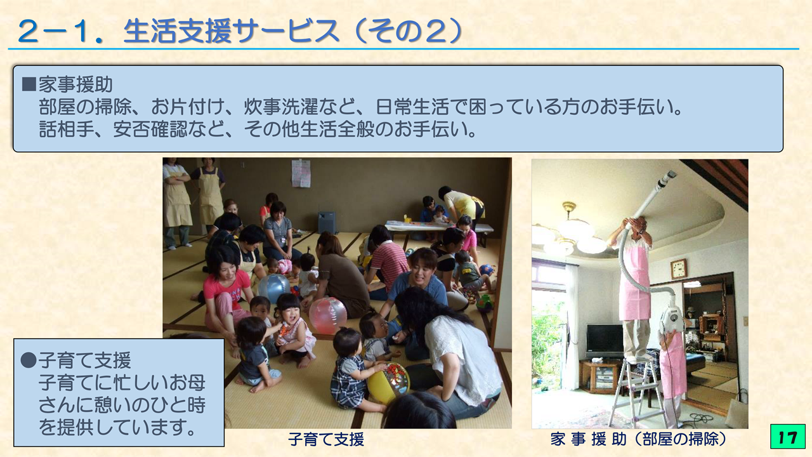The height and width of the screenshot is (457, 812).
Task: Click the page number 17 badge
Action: pos(788,437)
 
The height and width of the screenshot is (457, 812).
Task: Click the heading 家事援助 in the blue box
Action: pos(75,84)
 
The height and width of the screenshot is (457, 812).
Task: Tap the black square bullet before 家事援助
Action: pos(29,84)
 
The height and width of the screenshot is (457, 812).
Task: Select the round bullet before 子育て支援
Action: pos(29,360)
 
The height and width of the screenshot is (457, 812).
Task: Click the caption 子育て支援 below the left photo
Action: pos(326,439)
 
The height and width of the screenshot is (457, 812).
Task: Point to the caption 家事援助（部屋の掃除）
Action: pos(639,439)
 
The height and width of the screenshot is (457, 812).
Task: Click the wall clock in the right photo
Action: pos(678,268)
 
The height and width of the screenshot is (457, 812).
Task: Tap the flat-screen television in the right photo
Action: pos(605,341)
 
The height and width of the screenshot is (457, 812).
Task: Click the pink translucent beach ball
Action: pos(327,315)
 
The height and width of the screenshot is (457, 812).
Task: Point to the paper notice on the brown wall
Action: pos(301,173)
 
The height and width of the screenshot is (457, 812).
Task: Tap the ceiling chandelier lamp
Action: pos(569,232)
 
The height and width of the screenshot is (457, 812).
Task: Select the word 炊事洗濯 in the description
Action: pos(280,107)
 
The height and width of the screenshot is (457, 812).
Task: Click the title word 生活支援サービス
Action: pos(232,31)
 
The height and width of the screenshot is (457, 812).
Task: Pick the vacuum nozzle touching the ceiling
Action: pos(666,180)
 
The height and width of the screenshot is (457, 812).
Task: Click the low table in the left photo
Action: pos(438,228)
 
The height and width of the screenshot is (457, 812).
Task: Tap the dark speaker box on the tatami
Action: pos(326,222)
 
